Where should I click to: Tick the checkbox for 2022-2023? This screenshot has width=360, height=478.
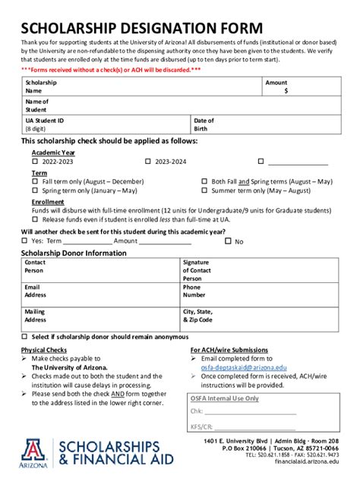click(x=35, y=162)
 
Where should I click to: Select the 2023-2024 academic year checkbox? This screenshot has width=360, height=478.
click(x=148, y=162)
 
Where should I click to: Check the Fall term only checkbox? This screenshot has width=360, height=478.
click(x=35, y=182)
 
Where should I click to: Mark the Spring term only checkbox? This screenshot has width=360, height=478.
click(x=35, y=191)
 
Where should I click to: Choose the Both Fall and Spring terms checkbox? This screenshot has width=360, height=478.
click(x=204, y=182)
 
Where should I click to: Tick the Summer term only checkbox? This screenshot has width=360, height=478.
click(x=204, y=191)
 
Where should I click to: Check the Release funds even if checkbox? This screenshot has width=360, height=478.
click(x=35, y=219)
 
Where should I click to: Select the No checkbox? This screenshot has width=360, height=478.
click(x=228, y=241)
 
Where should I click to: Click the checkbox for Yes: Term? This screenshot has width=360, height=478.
click(x=25, y=241)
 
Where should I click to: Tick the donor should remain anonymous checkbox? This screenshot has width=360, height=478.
click(x=25, y=336)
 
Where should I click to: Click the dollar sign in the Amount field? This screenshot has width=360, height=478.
click(x=286, y=90)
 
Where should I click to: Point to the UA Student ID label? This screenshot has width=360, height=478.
click(x=44, y=121)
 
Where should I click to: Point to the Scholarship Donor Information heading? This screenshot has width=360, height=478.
click(x=74, y=253)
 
